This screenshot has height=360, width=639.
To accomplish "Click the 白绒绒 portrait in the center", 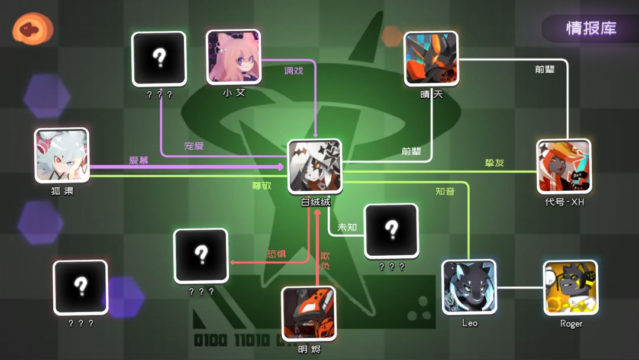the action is click(315, 166).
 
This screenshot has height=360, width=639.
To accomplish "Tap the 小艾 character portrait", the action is click(234, 57).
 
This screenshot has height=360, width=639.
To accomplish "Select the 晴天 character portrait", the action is click(431, 59).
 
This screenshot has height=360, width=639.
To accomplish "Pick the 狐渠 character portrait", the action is click(62, 155).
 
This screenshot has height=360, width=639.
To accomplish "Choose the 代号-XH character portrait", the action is click(564, 166).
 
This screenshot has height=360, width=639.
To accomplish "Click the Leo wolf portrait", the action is click(469, 287).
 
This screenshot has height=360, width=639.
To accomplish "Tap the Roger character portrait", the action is click(570, 288).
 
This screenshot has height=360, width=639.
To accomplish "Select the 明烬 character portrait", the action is click(309, 313).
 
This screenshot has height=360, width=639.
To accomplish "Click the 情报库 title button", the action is click(590, 28).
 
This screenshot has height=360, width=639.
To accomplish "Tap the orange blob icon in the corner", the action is click(33, 28).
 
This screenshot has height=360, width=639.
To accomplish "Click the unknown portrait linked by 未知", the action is click(391, 231).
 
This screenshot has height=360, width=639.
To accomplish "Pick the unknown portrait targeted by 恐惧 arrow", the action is click(201, 256).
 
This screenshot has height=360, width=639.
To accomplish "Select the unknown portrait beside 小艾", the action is click(159, 59).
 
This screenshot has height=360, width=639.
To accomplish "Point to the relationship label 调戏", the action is click(293, 70).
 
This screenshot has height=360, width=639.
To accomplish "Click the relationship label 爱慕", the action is click(138, 160).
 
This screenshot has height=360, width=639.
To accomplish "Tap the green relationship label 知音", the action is click(445, 191).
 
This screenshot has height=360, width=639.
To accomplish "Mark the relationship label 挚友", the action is click(494, 163).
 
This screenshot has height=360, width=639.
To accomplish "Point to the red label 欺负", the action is click(325, 261).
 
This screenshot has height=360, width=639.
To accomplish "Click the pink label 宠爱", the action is click(193, 146).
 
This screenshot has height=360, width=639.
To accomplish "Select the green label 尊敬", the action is click(262, 185).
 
